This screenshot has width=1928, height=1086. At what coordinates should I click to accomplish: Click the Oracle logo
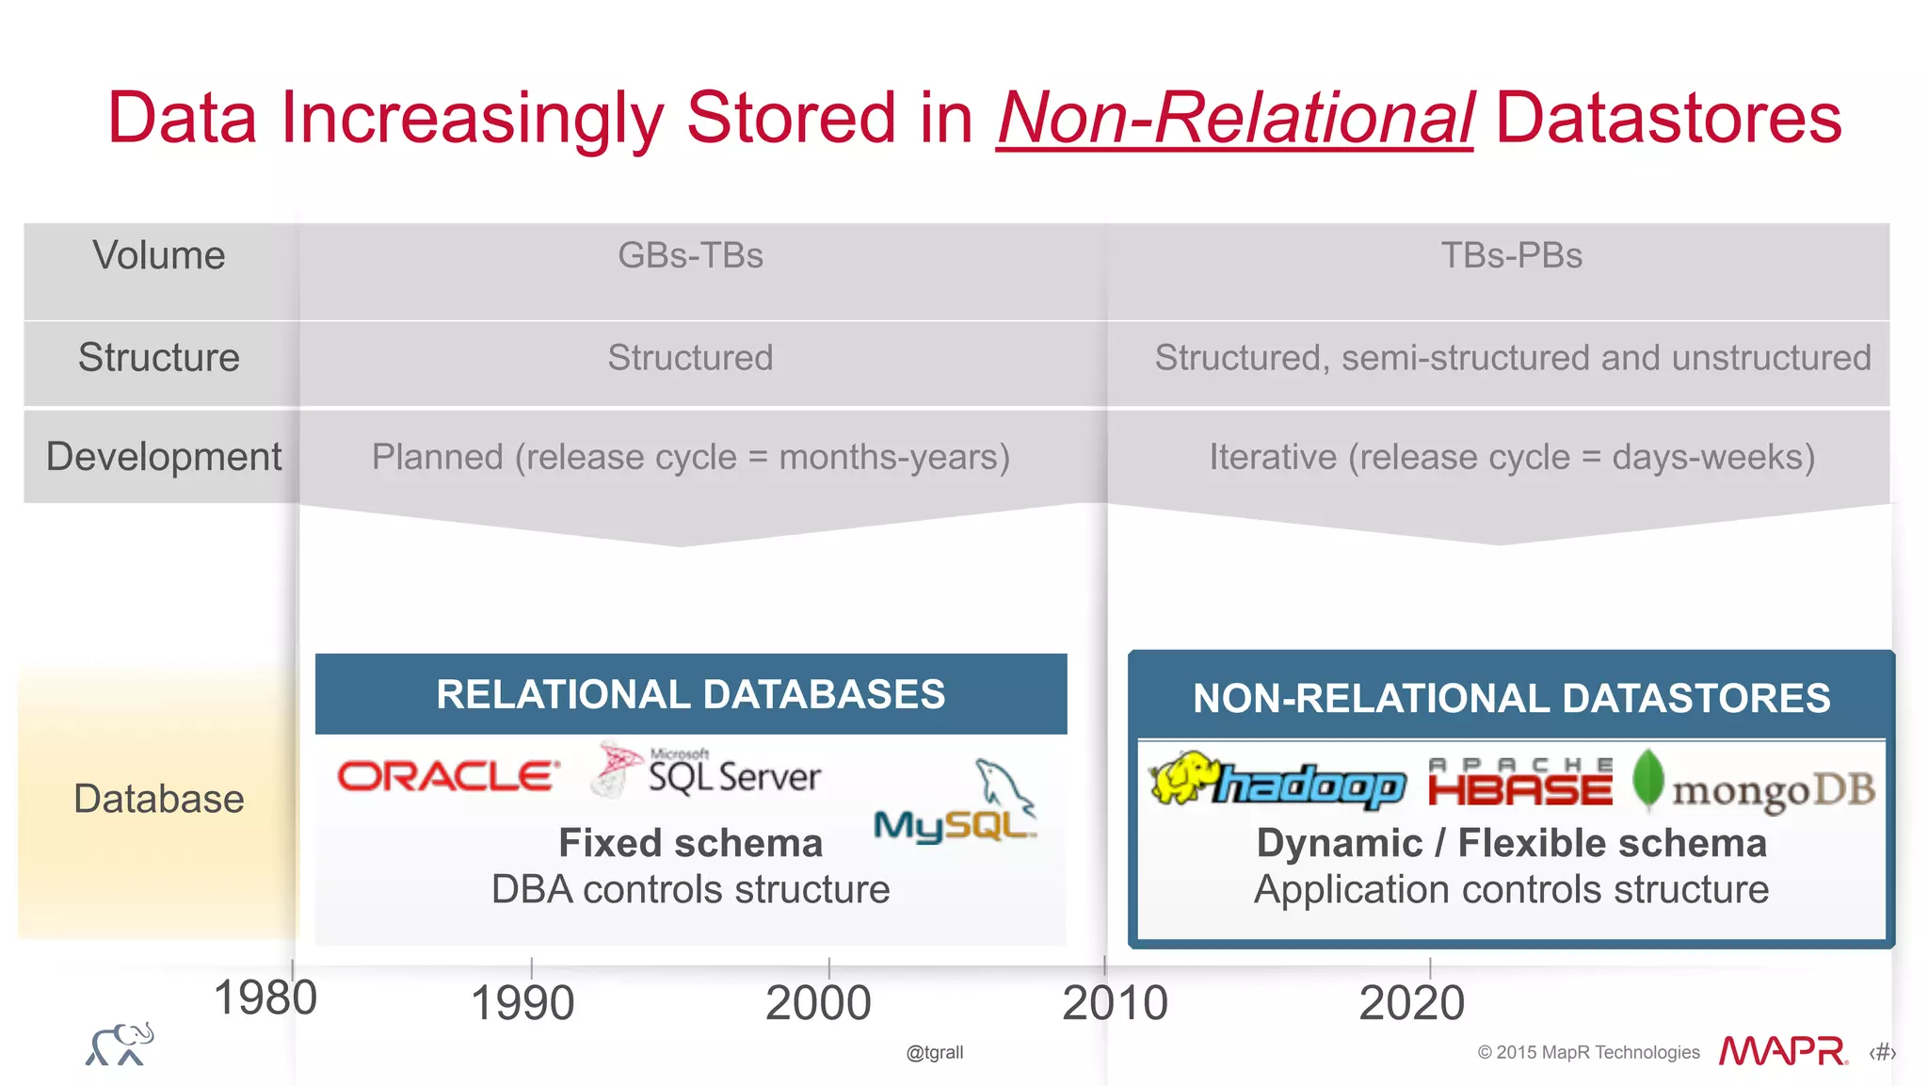pos(448,776)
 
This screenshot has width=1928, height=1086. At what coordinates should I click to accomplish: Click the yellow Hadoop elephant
pos(1182,778)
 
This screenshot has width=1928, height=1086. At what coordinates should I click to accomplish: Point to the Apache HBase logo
pos(1519,783)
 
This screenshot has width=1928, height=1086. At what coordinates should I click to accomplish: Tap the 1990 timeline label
pos(522,1003)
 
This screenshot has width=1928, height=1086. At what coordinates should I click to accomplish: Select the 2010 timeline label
pos(1115,1003)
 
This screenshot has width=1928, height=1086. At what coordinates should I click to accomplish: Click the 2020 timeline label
pos(1411,1003)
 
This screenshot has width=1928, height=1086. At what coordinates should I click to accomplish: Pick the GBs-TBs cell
pos(690,255)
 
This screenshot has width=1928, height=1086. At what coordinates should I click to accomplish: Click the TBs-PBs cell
pos(1511,255)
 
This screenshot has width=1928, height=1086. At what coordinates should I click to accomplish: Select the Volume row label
pos(159,255)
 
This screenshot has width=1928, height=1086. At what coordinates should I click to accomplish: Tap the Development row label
pos(163,457)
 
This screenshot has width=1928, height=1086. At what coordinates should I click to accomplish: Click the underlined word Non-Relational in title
pos(1234,118)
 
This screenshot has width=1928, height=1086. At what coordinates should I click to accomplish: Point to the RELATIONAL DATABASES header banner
pos(690,694)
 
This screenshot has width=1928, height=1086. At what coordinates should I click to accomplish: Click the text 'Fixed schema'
pos(690,843)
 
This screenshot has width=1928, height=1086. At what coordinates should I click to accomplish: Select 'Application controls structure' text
pos(1511,889)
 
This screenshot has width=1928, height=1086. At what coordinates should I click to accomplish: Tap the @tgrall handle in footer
pos(934,1052)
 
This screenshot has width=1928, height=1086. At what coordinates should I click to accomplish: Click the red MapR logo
pos(1782,1051)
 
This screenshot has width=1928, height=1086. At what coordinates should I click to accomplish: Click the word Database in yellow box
pos(159,799)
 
